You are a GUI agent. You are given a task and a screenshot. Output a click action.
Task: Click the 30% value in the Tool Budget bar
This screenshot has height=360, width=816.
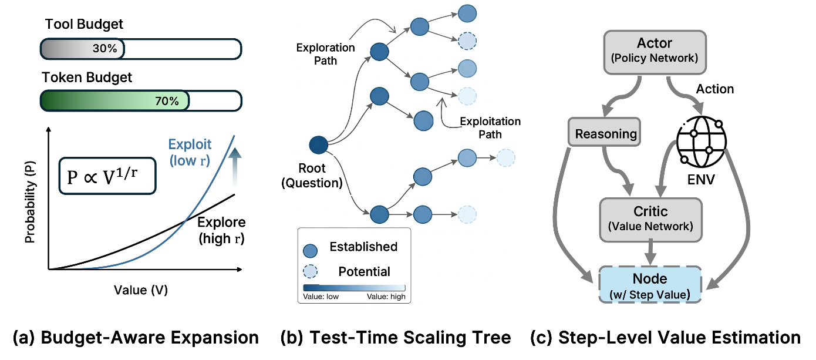[104, 49]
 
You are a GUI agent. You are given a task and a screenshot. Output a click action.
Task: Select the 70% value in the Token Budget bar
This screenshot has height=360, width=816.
[167, 101]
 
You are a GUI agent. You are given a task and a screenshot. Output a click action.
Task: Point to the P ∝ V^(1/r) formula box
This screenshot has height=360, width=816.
[107, 174]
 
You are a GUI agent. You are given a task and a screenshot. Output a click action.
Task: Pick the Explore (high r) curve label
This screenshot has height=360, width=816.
[221, 230]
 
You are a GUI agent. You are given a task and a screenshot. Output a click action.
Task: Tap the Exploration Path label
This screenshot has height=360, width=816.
[325, 53]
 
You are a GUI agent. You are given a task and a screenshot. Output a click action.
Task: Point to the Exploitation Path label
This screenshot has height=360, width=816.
[490, 127]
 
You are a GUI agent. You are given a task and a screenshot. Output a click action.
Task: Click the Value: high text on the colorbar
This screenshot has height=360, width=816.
[386, 297]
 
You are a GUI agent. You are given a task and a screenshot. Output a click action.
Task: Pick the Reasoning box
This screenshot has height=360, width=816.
[605, 133]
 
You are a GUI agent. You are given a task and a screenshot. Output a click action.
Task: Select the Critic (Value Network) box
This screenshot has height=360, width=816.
[650, 219]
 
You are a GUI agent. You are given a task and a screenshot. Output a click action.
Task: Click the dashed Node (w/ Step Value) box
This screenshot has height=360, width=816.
[650, 285]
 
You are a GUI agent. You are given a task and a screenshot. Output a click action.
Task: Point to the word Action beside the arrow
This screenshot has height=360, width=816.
[715, 89]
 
